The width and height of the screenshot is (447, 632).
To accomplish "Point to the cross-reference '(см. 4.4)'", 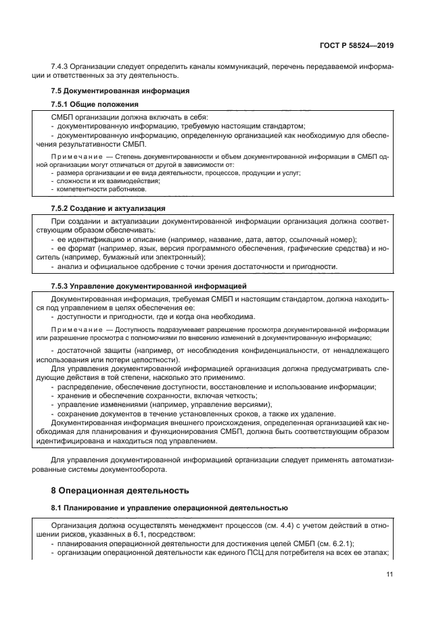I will tap(234, 525).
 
